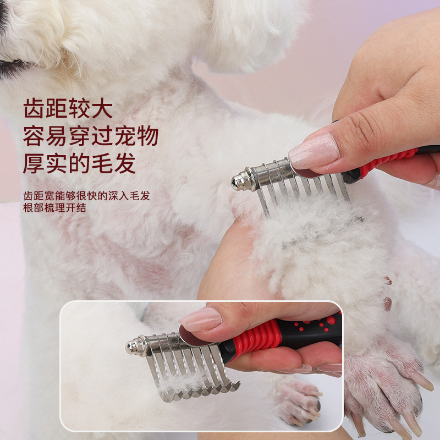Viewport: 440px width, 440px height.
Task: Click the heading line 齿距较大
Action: pyautogui.click(x=68, y=108)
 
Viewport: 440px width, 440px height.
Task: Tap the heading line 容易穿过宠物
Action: pyautogui.click(x=91, y=136)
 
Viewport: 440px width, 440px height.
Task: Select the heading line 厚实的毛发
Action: pyautogui.click(x=79, y=163)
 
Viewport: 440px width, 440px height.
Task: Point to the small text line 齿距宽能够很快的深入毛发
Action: pyautogui.click(x=87, y=196)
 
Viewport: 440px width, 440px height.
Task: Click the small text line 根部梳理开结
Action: pyautogui.click(x=54, y=208)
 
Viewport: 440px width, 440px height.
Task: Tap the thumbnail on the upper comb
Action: pyautogui.click(x=313, y=150)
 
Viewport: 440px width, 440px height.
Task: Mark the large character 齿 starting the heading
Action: pyautogui.click(x=34, y=108)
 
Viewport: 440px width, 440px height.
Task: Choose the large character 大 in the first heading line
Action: pyautogui.click(x=102, y=108)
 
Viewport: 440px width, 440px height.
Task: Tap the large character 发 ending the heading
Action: pyautogui.click(x=125, y=163)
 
